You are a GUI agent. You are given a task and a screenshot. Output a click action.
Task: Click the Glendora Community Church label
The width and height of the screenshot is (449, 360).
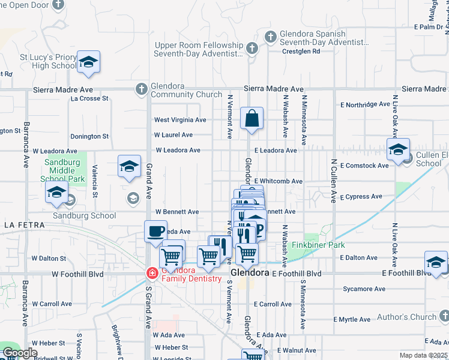(x=186, y=90)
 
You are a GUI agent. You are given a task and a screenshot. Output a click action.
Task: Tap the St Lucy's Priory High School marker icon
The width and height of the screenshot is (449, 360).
(x=88, y=62)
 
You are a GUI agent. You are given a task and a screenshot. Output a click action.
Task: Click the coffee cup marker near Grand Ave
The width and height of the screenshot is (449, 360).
(x=155, y=232)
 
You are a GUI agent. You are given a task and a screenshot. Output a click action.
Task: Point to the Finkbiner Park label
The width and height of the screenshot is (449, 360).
(x=318, y=245)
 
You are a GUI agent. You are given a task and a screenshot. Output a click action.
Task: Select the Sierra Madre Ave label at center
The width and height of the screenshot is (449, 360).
(x=274, y=88)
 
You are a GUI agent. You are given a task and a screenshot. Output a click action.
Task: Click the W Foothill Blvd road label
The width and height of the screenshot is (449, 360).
(x=77, y=274)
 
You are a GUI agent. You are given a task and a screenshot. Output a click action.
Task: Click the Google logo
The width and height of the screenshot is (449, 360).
(x=19, y=353)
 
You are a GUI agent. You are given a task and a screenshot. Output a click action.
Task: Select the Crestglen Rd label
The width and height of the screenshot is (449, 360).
(x=301, y=52)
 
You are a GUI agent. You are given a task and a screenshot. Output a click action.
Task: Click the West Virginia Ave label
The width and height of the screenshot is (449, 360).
(x=180, y=120)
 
